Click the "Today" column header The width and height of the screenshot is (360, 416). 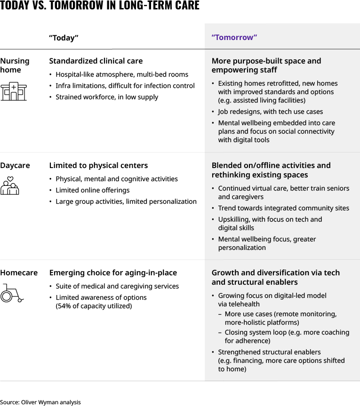click(64, 38)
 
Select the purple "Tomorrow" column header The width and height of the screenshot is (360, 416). click(234, 38)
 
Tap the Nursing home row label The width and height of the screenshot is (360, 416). click(15, 65)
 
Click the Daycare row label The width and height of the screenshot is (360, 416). click(15, 166)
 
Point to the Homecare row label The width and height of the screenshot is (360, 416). click(19, 273)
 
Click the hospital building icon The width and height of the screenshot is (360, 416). click(14, 91)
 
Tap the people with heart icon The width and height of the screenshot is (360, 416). click(10, 186)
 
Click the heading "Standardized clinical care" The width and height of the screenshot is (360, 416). click(96, 61)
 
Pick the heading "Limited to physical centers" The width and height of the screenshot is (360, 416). click(98, 166)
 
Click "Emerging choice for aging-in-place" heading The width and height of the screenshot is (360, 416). click(113, 273)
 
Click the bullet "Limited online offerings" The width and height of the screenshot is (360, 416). click(92, 190)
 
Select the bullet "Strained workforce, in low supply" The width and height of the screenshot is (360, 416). click(107, 97)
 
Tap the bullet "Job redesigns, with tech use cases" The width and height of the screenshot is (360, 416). click(270, 112)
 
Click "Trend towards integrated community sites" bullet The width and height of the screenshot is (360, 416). click(283, 208)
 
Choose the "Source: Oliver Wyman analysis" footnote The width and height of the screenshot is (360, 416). click(40, 402)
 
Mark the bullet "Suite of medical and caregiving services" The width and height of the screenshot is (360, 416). click(117, 286)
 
